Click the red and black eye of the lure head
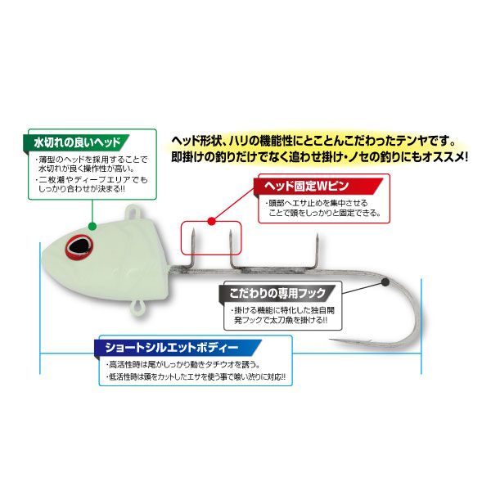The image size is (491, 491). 79,247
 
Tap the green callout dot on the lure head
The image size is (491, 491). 92,226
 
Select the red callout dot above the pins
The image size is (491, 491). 212,222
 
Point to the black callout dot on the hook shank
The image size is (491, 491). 385,282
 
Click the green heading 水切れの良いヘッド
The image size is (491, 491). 77,142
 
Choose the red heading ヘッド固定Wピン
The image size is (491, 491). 306,186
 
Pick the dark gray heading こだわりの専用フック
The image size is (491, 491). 277,294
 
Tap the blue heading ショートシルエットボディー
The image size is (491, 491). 172,348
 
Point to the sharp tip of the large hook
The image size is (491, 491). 331,340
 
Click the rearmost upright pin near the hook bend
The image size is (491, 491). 317,250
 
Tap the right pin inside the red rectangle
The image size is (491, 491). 231,249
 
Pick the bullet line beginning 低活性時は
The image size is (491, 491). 196,377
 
